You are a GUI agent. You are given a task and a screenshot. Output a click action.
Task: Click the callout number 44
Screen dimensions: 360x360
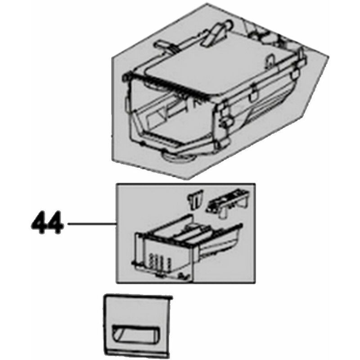coord(46,222)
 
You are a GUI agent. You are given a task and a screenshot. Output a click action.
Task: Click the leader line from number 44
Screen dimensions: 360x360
coord(92,223)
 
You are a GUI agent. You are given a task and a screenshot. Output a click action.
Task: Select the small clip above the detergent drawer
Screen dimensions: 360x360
coord(195,199)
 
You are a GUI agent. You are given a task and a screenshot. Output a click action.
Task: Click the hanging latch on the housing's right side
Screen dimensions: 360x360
coord(254,92)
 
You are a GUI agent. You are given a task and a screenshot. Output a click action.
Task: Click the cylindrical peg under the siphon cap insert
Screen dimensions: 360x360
coord(222,213)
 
